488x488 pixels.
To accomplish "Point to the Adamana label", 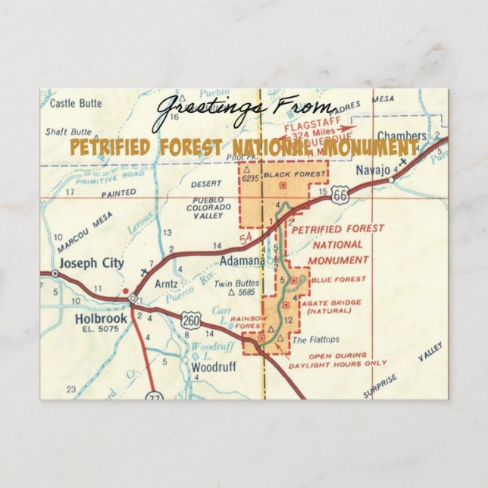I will coord(242,261).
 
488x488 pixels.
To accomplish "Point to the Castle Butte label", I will coord(73,103).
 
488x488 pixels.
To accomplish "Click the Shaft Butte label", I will coord(67,132).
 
